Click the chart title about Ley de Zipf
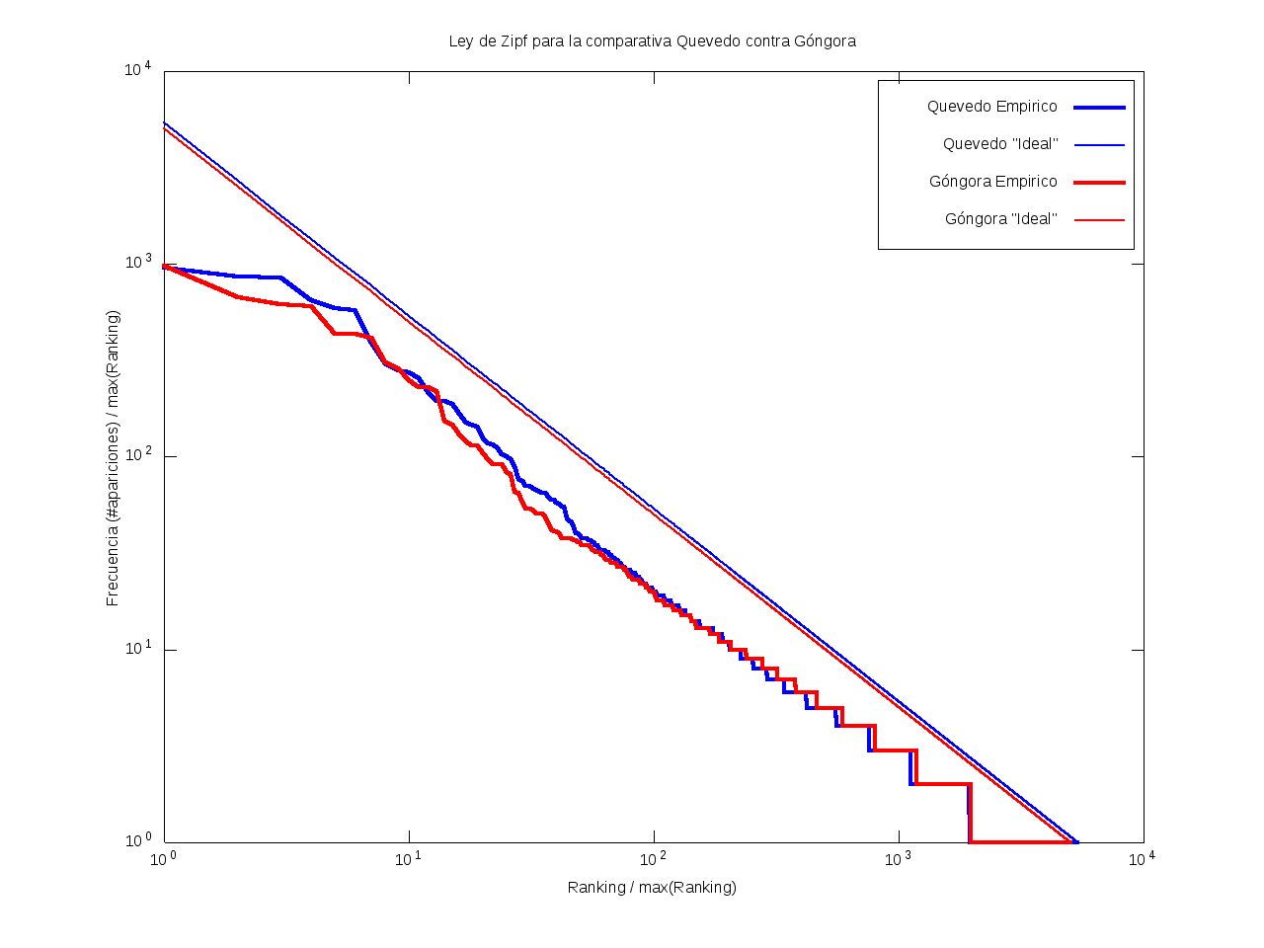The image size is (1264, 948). (x=652, y=41)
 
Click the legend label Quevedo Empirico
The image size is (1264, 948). (x=991, y=107)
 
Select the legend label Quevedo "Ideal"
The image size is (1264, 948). (x=999, y=144)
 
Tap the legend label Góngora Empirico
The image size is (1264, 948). (x=992, y=182)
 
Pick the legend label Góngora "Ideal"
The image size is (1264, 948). (x=1000, y=219)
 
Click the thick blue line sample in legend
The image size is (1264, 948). (x=1099, y=107)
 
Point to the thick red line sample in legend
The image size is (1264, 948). (x=1099, y=183)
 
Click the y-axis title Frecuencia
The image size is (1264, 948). (x=114, y=458)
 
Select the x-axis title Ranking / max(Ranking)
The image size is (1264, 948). (x=652, y=887)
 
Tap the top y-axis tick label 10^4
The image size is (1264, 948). (x=137, y=69)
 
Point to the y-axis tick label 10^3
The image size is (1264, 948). (x=137, y=263)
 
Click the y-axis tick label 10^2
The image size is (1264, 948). (x=137, y=456)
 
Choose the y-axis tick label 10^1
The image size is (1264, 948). (x=137, y=649)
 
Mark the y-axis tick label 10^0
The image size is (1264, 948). (x=137, y=841)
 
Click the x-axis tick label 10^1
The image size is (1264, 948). (x=409, y=859)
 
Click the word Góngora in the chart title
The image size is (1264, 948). (x=825, y=41)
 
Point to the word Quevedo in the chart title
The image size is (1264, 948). (x=703, y=41)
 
